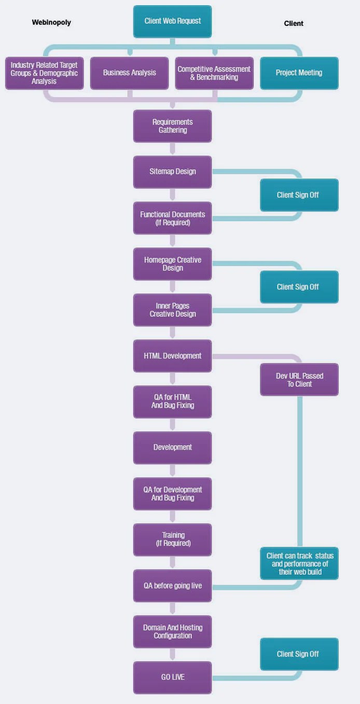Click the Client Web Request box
tap(172, 21)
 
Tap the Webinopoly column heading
tap(51, 22)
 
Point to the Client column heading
tap(294, 23)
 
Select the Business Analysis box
tap(129, 73)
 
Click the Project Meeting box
tap(299, 73)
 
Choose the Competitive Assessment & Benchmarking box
tap(214, 73)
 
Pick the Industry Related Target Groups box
tap(44, 73)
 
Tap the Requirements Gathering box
tap(172, 126)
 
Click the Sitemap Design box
tap(172, 172)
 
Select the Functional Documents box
tap(172, 218)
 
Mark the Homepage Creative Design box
tap(172, 264)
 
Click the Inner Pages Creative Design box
tap(172, 310)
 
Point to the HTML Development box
tap(172, 356)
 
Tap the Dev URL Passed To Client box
tap(299, 380)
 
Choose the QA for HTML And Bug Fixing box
tap(172, 402)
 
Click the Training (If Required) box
tap(172, 540)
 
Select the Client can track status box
tap(299, 563)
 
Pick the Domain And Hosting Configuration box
tap(172, 631)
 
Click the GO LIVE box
tap(172, 677)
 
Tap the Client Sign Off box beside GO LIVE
tap(299, 654)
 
